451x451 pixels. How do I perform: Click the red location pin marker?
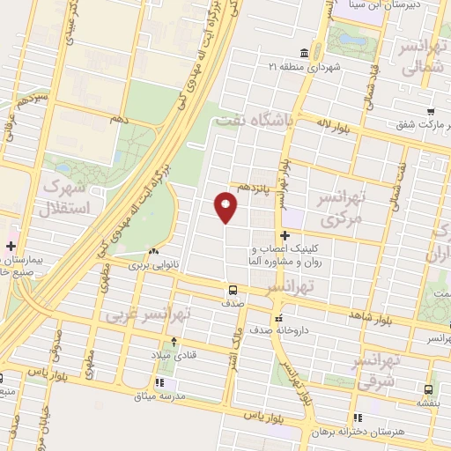coord(226,208)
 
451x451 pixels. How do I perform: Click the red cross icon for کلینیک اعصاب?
coord(285,235)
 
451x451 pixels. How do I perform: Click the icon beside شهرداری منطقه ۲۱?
coord(304,51)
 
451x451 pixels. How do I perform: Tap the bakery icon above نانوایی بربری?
coord(155,251)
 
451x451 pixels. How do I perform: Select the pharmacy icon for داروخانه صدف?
coord(279,318)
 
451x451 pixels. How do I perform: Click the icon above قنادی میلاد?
coord(174,342)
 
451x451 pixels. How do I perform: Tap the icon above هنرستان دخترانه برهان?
coord(357,418)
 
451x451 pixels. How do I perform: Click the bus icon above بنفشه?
coord(428,388)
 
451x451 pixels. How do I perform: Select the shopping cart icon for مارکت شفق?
coord(429,111)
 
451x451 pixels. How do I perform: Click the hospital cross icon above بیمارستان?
coord(11,247)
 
